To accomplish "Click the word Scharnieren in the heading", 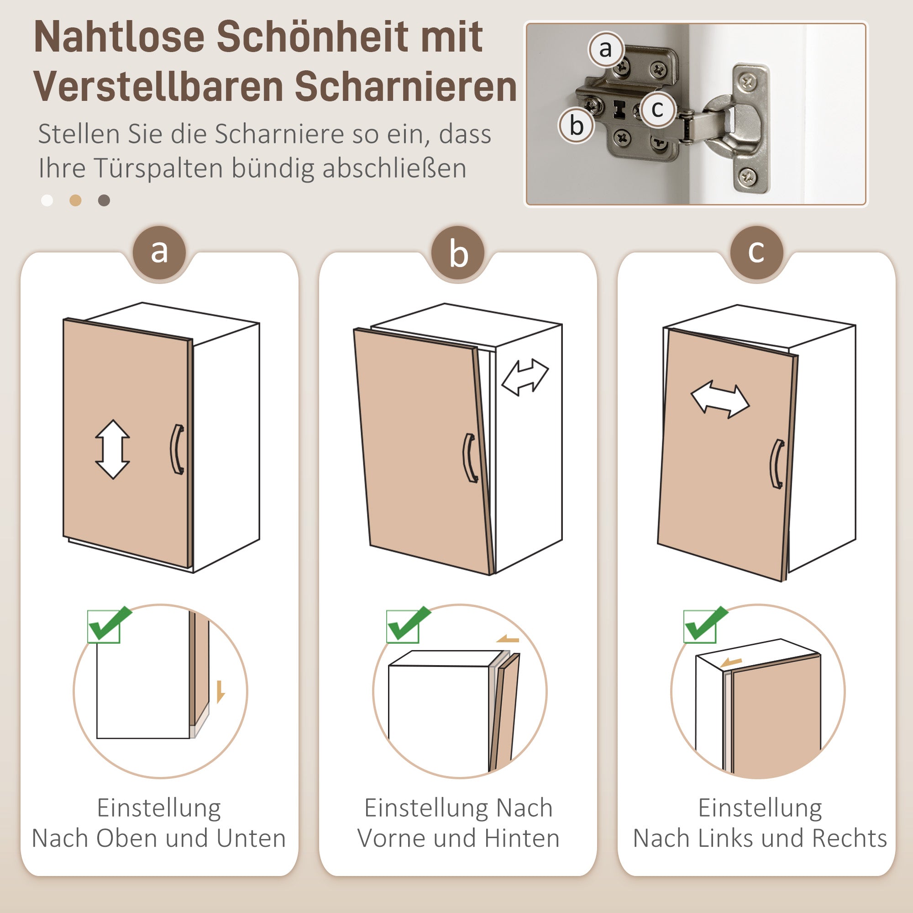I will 406,86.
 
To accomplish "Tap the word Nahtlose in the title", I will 119,37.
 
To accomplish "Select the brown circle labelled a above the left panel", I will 159,252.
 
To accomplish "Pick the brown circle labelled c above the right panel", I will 756,252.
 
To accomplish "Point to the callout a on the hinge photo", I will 605,49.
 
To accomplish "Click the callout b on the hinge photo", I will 576,126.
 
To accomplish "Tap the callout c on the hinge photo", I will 657,110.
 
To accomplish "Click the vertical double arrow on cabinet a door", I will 112,449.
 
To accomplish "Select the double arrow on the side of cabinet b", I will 525,377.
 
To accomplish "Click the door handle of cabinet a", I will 177,449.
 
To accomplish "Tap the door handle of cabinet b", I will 470,458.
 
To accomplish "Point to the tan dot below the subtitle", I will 76,200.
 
